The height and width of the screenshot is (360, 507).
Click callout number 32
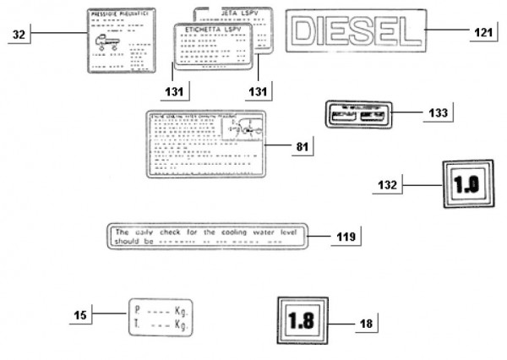point(19,34)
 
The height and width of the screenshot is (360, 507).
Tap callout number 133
point(439,112)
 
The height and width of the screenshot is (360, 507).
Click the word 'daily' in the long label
point(144,230)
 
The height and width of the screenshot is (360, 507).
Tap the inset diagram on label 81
point(243,129)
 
